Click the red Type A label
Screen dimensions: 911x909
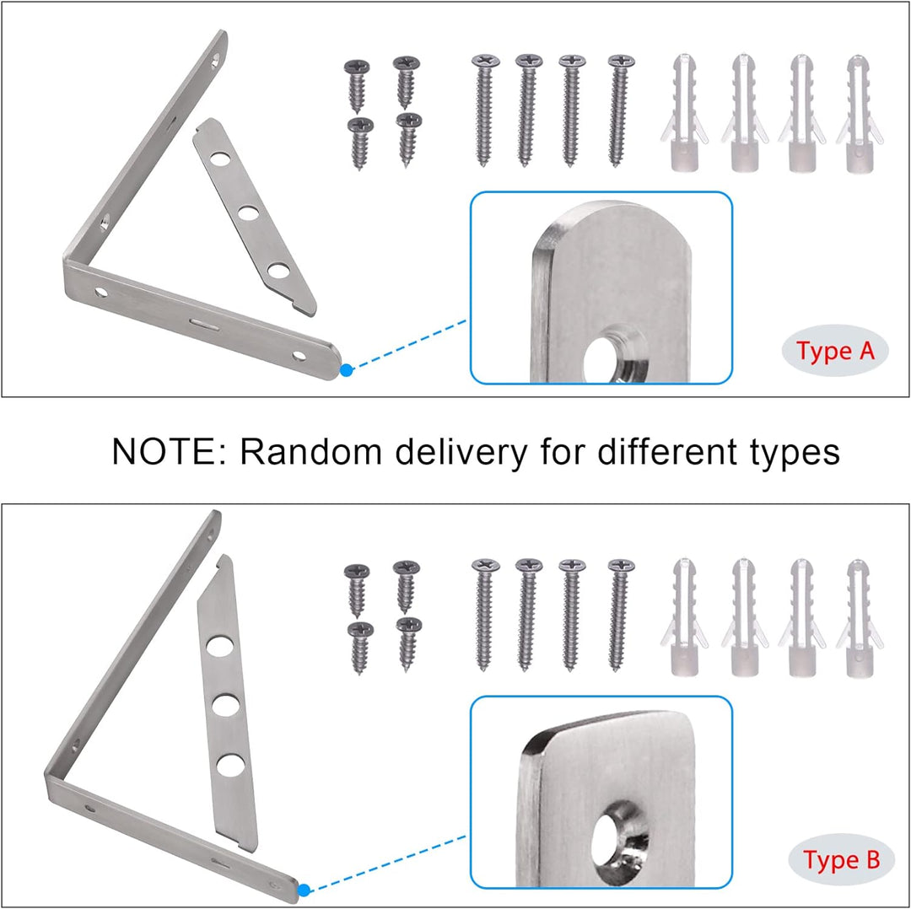[835, 351]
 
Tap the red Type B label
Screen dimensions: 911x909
[841, 859]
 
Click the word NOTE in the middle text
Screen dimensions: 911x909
[164, 451]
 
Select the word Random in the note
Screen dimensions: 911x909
[310, 451]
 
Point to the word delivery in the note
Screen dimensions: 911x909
[461, 453]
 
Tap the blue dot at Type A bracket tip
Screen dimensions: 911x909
[347, 370]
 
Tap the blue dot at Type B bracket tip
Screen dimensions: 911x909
[304, 890]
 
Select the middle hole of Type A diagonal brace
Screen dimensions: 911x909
[248, 213]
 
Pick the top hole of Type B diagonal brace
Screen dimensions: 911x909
[219, 647]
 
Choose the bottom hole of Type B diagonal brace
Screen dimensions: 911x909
[230, 765]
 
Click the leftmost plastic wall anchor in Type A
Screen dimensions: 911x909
[683, 113]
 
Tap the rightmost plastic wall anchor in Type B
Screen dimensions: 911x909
[860, 618]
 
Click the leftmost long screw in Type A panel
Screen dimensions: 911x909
[484, 110]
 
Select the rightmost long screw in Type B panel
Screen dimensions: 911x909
[620, 615]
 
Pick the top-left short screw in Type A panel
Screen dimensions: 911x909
[357, 85]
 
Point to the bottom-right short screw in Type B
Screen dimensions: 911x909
[408, 643]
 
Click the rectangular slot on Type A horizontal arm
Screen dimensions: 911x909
[204, 323]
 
